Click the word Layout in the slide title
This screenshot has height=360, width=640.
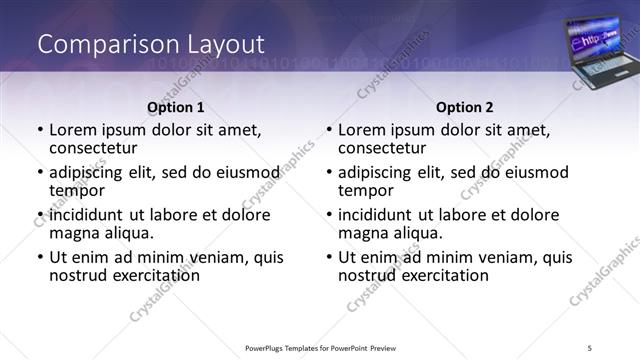[223, 44]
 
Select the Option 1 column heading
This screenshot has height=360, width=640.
[176, 107]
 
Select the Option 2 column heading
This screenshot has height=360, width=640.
[465, 107]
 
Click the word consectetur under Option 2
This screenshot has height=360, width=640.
[385, 148]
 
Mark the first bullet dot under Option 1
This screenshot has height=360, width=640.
[40, 130]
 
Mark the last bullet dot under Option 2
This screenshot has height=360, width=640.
[329, 257]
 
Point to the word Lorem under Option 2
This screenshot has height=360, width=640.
[361, 130]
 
